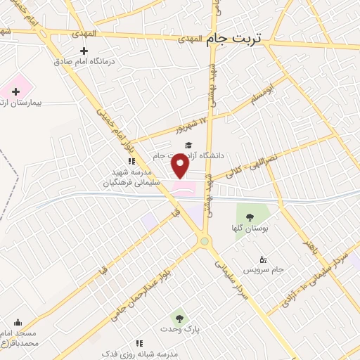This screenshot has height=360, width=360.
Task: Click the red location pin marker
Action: click(181, 166)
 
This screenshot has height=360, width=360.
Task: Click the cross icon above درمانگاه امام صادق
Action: click(85, 51)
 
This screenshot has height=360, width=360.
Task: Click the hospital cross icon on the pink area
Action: click(15, 91)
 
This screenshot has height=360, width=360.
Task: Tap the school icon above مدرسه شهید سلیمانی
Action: click(131, 161)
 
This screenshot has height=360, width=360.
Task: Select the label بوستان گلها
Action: click(247, 228)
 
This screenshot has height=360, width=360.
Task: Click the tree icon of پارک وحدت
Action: click(177, 318)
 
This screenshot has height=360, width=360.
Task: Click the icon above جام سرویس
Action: click(263, 259)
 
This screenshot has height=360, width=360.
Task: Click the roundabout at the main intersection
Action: click(205, 242)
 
